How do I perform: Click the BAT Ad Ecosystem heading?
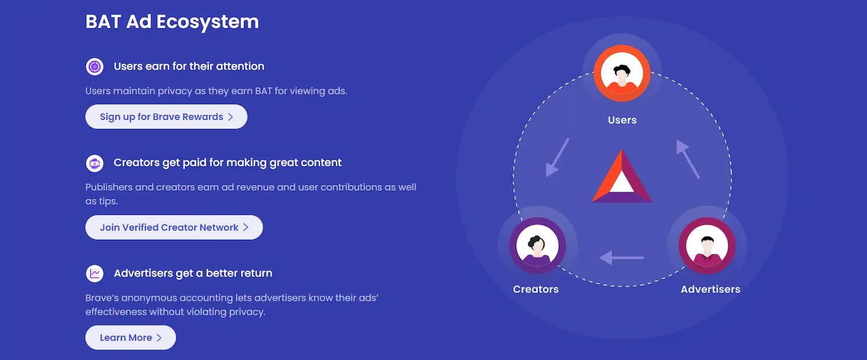(x=172, y=22)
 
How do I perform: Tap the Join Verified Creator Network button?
(x=174, y=227)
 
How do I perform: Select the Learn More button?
(x=131, y=337)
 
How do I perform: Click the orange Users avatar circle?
(x=622, y=73)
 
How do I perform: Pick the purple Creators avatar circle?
(x=537, y=246)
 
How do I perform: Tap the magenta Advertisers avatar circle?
(x=707, y=246)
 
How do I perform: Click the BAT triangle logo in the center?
(x=621, y=176)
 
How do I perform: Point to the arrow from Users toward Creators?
(x=557, y=158)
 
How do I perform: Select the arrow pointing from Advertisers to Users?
(x=688, y=159)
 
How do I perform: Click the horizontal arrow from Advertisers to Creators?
(x=621, y=257)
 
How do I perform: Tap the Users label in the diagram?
(x=622, y=120)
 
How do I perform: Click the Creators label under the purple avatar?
(x=536, y=289)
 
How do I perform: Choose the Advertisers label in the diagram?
(x=710, y=289)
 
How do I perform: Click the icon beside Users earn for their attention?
(x=94, y=66)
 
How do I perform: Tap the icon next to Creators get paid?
(x=94, y=164)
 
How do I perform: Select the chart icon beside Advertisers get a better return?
(x=94, y=274)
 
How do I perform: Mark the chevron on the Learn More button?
(x=159, y=337)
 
